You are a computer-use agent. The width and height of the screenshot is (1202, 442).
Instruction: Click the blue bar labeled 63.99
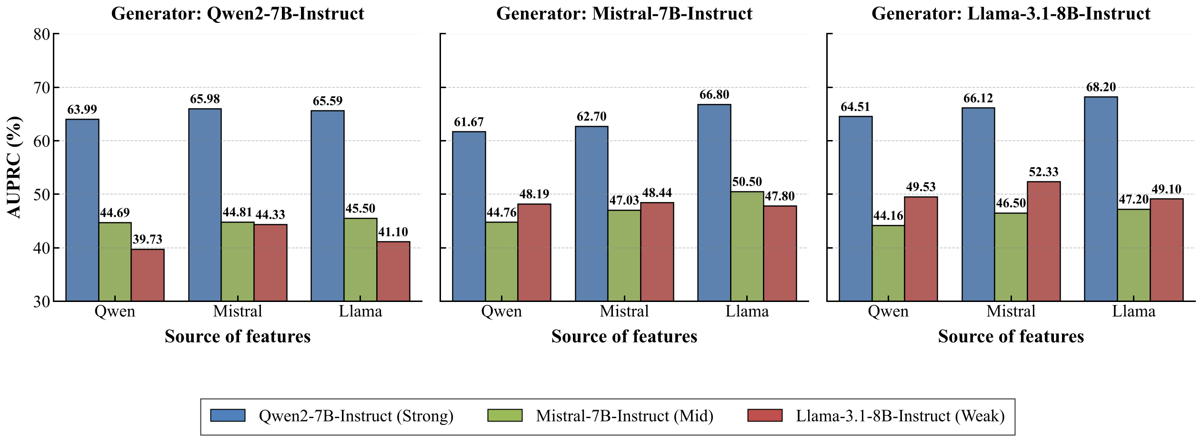[82, 210]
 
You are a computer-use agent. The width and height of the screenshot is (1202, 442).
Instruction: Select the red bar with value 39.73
[148, 275]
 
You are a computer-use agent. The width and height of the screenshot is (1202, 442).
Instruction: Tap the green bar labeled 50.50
[747, 246]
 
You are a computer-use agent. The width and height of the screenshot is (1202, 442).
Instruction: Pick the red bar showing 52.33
[1043, 241]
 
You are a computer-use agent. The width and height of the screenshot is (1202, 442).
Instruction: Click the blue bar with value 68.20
[1101, 199]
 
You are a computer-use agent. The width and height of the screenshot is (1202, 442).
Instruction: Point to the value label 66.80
[714, 95]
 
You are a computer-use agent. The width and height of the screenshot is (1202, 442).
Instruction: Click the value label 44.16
[888, 216]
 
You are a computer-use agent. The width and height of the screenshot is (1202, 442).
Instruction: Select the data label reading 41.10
[393, 232]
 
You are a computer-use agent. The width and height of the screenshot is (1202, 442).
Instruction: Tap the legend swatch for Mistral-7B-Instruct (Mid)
[505, 415]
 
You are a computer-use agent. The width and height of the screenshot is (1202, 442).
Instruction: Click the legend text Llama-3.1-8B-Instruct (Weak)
[900, 416]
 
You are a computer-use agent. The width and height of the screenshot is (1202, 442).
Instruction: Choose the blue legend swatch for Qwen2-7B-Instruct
[228, 415]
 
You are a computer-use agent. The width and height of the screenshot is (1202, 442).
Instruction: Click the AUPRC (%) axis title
[14, 167]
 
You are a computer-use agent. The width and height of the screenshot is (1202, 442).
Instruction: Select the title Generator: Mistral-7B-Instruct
[624, 13]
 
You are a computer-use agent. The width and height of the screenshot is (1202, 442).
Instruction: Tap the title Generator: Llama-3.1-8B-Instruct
[1011, 13]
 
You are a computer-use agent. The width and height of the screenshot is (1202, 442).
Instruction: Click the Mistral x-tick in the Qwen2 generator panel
[237, 311]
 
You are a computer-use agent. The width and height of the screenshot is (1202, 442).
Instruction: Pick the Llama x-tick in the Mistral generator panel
[747, 311]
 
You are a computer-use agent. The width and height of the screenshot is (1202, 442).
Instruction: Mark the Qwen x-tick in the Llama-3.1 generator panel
[888, 311]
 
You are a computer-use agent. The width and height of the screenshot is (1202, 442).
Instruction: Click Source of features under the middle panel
[624, 336]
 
